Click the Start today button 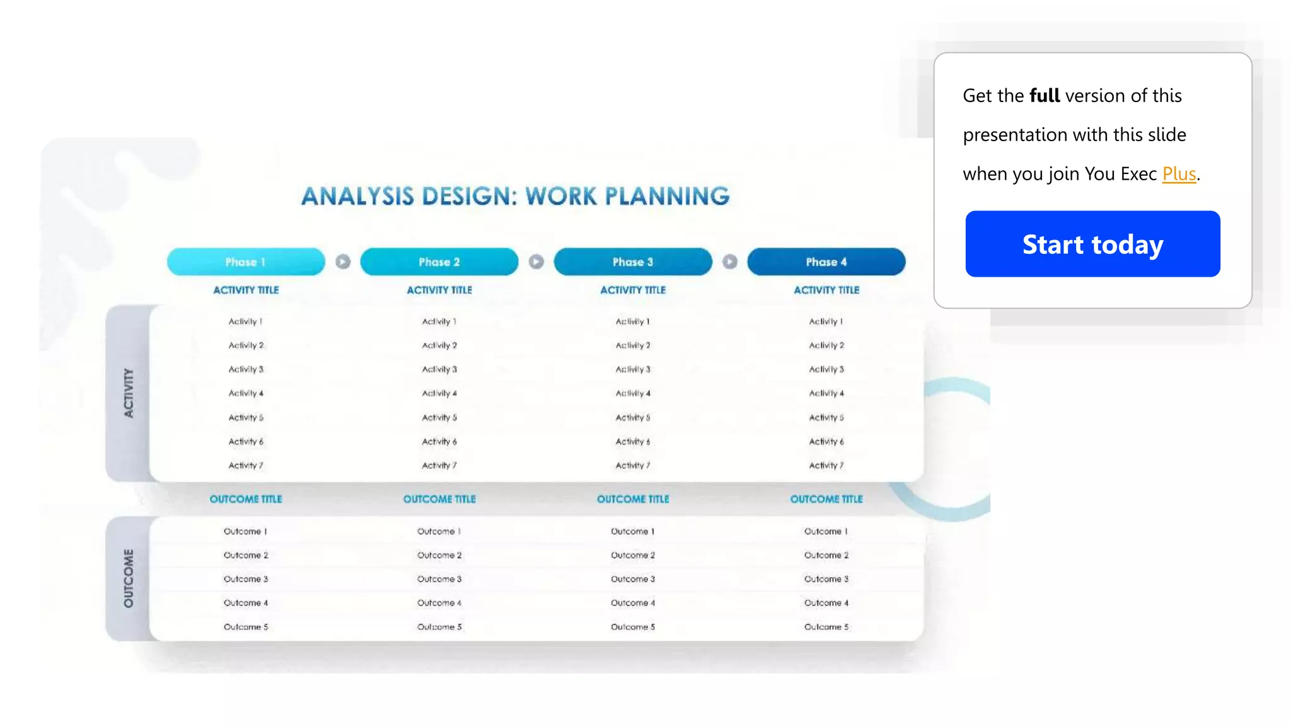click(x=1092, y=244)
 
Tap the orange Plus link click(x=1179, y=173)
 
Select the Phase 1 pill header click(x=246, y=262)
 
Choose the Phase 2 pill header click(x=439, y=262)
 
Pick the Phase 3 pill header click(x=632, y=262)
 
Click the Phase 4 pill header click(x=826, y=262)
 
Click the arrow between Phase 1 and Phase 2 click(x=343, y=262)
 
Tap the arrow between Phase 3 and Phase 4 click(x=729, y=262)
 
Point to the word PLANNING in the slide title click(x=667, y=196)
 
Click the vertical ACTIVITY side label click(x=129, y=393)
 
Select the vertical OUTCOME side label click(x=129, y=579)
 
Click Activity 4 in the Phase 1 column click(x=246, y=393)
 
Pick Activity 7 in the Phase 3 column click(x=632, y=465)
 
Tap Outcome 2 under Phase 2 click(x=439, y=555)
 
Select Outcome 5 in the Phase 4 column click(x=826, y=627)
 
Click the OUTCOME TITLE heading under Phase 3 click(x=633, y=499)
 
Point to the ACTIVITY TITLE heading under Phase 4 click(x=826, y=290)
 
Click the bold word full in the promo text click(x=1045, y=96)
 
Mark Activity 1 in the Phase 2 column click(x=439, y=321)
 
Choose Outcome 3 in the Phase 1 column click(x=246, y=579)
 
